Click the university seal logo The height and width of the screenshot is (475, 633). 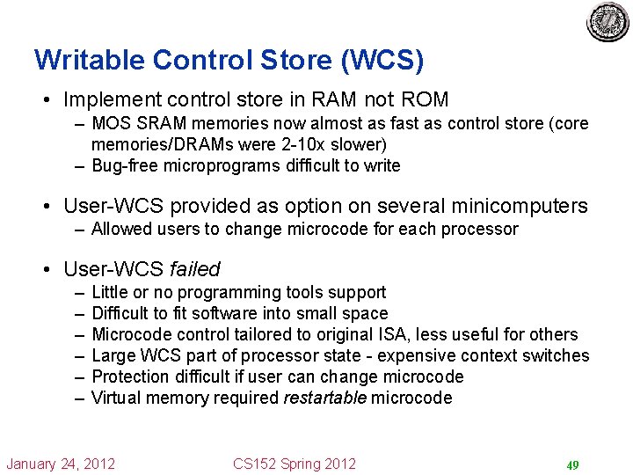[608, 21]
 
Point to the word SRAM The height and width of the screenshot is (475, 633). [156, 124]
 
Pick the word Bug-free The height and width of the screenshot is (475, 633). [127, 165]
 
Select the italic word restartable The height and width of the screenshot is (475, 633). [324, 398]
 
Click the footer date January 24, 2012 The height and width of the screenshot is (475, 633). [61, 464]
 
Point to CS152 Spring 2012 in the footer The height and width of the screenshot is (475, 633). [295, 464]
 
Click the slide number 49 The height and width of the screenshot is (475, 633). [571, 464]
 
